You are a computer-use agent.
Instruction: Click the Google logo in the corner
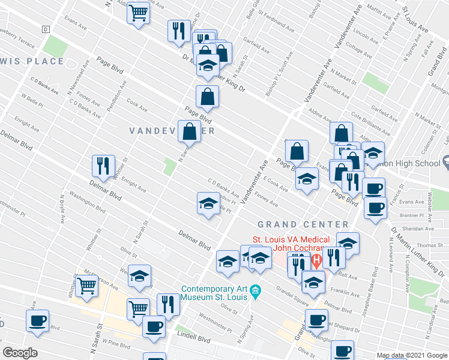coord(20,353)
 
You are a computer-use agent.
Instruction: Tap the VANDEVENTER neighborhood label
coord(172,130)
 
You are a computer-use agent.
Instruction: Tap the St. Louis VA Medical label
coord(291,239)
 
